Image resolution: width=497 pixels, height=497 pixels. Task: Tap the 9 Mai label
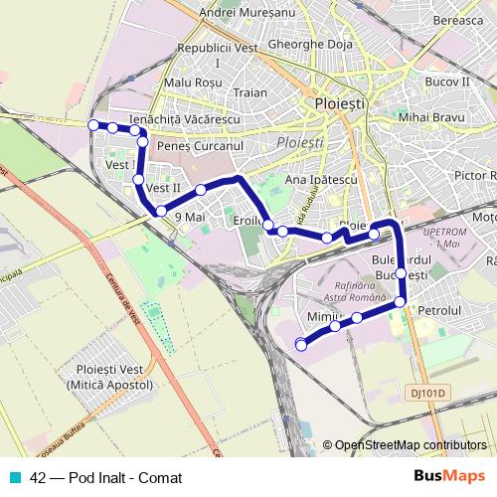pos(189,215)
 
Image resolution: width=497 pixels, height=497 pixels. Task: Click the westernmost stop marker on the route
pos(93,124)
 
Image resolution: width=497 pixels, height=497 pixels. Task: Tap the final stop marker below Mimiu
pos(302,344)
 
